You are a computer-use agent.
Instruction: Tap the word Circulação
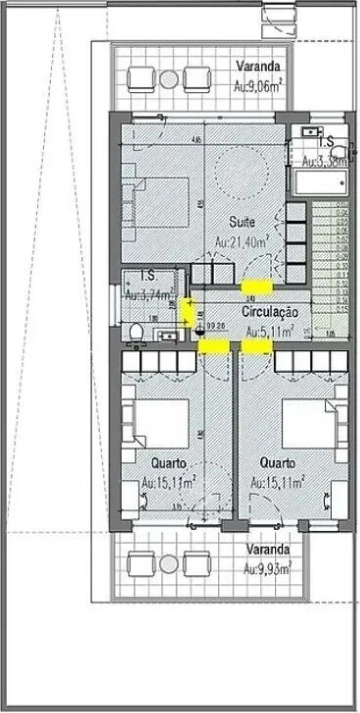click(270, 312)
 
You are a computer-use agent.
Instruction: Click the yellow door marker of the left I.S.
click(187, 312)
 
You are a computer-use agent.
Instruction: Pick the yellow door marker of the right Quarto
click(257, 346)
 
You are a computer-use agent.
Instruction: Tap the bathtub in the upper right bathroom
click(321, 182)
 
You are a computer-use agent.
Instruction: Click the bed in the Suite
click(160, 202)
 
